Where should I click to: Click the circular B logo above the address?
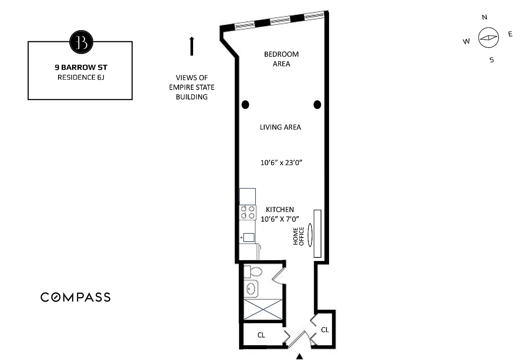tap(81, 42)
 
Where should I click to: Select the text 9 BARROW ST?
tap(81, 67)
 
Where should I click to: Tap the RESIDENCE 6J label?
tap(81, 77)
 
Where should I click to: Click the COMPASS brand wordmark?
tap(76, 297)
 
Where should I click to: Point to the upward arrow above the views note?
tap(192, 46)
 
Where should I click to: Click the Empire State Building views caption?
tap(191, 87)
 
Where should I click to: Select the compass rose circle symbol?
tap(488, 38)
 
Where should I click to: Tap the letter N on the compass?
tap(484, 18)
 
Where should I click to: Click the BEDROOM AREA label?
tap(281, 59)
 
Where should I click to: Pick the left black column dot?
tap(245, 105)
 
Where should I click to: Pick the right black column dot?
tap(317, 105)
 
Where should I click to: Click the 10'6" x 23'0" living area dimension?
tap(280, 163)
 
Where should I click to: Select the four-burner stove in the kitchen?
tap(248, 212)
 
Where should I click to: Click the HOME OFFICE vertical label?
tap(298, 236)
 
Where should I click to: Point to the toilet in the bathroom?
tap(253, 272)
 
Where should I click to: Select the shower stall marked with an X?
tap(263, 310)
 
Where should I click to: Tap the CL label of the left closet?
tap(261, 335)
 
